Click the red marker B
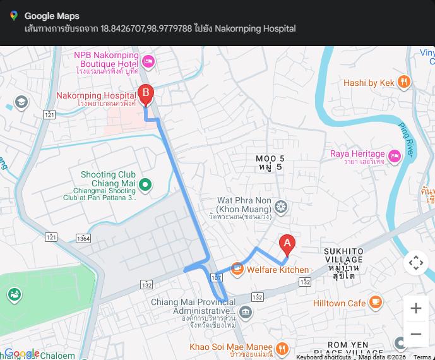coord(146,95)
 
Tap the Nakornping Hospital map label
coord(96,96)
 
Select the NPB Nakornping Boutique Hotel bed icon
coord(148,61)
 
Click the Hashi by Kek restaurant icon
coord(404,82)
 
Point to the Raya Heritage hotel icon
coord(395,155)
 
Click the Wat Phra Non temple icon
coord(281,206)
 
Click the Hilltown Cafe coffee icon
coord(375,303)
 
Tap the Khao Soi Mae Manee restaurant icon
coord(282,347)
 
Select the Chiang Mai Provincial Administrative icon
coord(246,312)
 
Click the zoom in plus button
coord(415,308)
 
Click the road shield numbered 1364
coord(83,238)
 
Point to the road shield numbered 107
coord(217,277)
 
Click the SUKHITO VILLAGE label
coord(343,255)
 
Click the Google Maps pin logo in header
coord(13,16)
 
